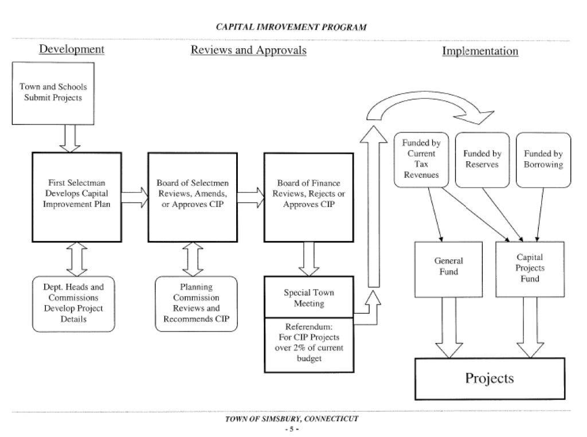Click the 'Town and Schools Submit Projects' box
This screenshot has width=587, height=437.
(53, 92)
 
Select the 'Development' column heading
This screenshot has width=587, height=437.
(72, 49)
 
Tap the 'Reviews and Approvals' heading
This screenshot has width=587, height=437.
(248, 50)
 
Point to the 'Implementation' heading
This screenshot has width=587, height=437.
(480, 52)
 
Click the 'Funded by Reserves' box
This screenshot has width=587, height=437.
(482, 159)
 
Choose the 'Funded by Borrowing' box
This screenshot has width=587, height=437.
(543, 159)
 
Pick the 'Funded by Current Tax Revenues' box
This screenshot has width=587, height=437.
(421, 159)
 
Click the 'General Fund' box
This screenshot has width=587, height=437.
(448, 268)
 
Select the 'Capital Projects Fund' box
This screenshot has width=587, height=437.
(530, 268)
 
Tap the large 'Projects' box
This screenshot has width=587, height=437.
(489, 379)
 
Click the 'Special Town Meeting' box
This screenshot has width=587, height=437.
(309, 297)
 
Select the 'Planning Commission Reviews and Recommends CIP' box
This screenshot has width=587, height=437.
(196, 304)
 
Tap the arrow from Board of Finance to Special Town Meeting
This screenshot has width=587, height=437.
(309, 259)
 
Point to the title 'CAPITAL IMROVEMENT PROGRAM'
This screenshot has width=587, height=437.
(291, 27)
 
